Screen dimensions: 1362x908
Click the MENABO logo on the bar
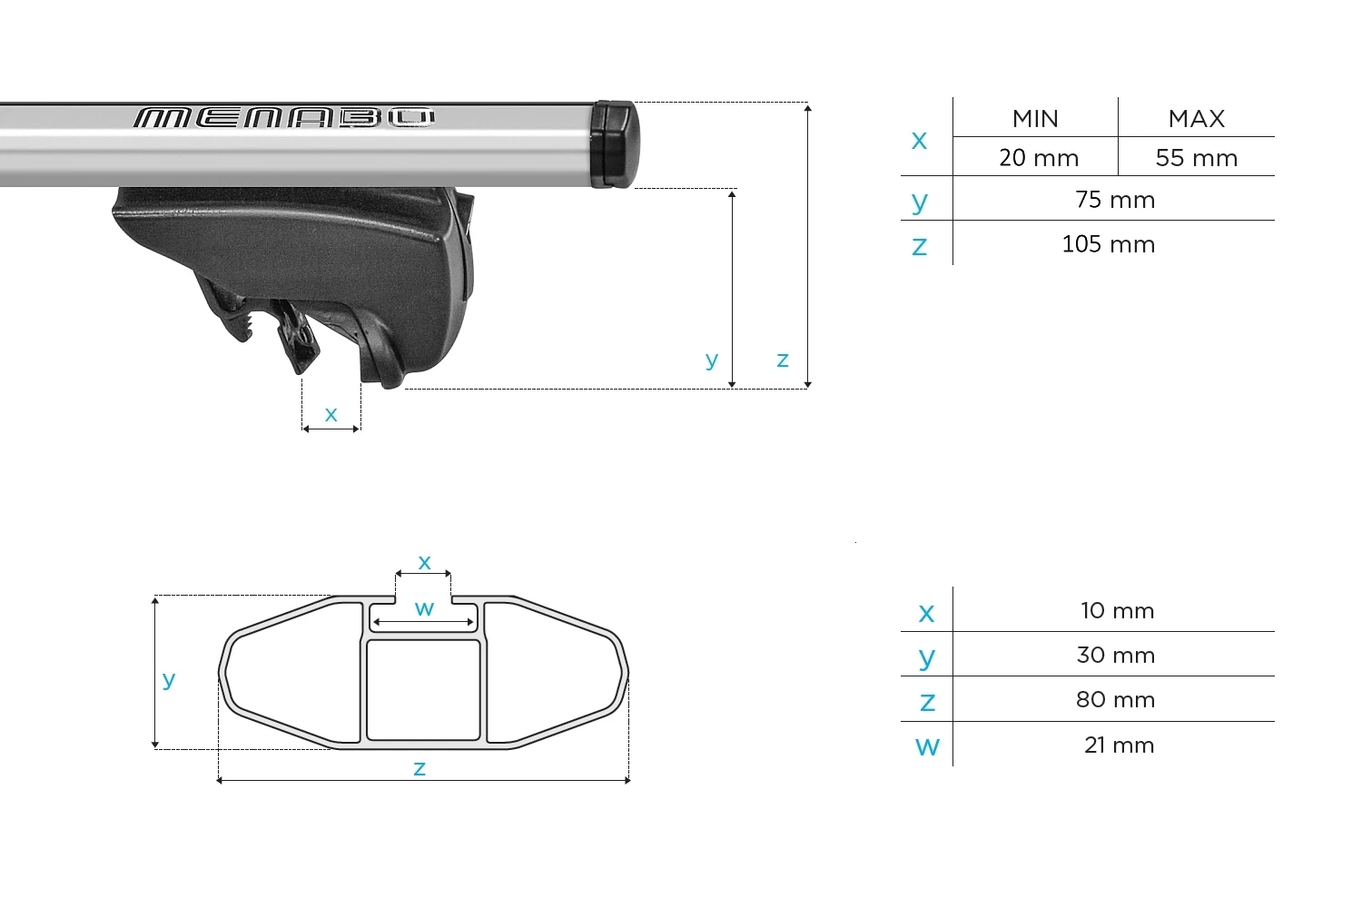point(284,118)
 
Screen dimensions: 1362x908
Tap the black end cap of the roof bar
point(615,144)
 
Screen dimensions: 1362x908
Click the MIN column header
point(1035,119)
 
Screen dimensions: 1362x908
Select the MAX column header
point(1196,119)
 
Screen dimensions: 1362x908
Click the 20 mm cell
point(1039,158)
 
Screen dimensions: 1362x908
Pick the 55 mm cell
point(1197,158)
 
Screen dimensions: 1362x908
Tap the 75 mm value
point(1115,200)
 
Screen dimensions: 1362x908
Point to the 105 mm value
point(1109,244)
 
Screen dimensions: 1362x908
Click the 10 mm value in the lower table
point(1117,610)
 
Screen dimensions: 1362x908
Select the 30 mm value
point(1115,655)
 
